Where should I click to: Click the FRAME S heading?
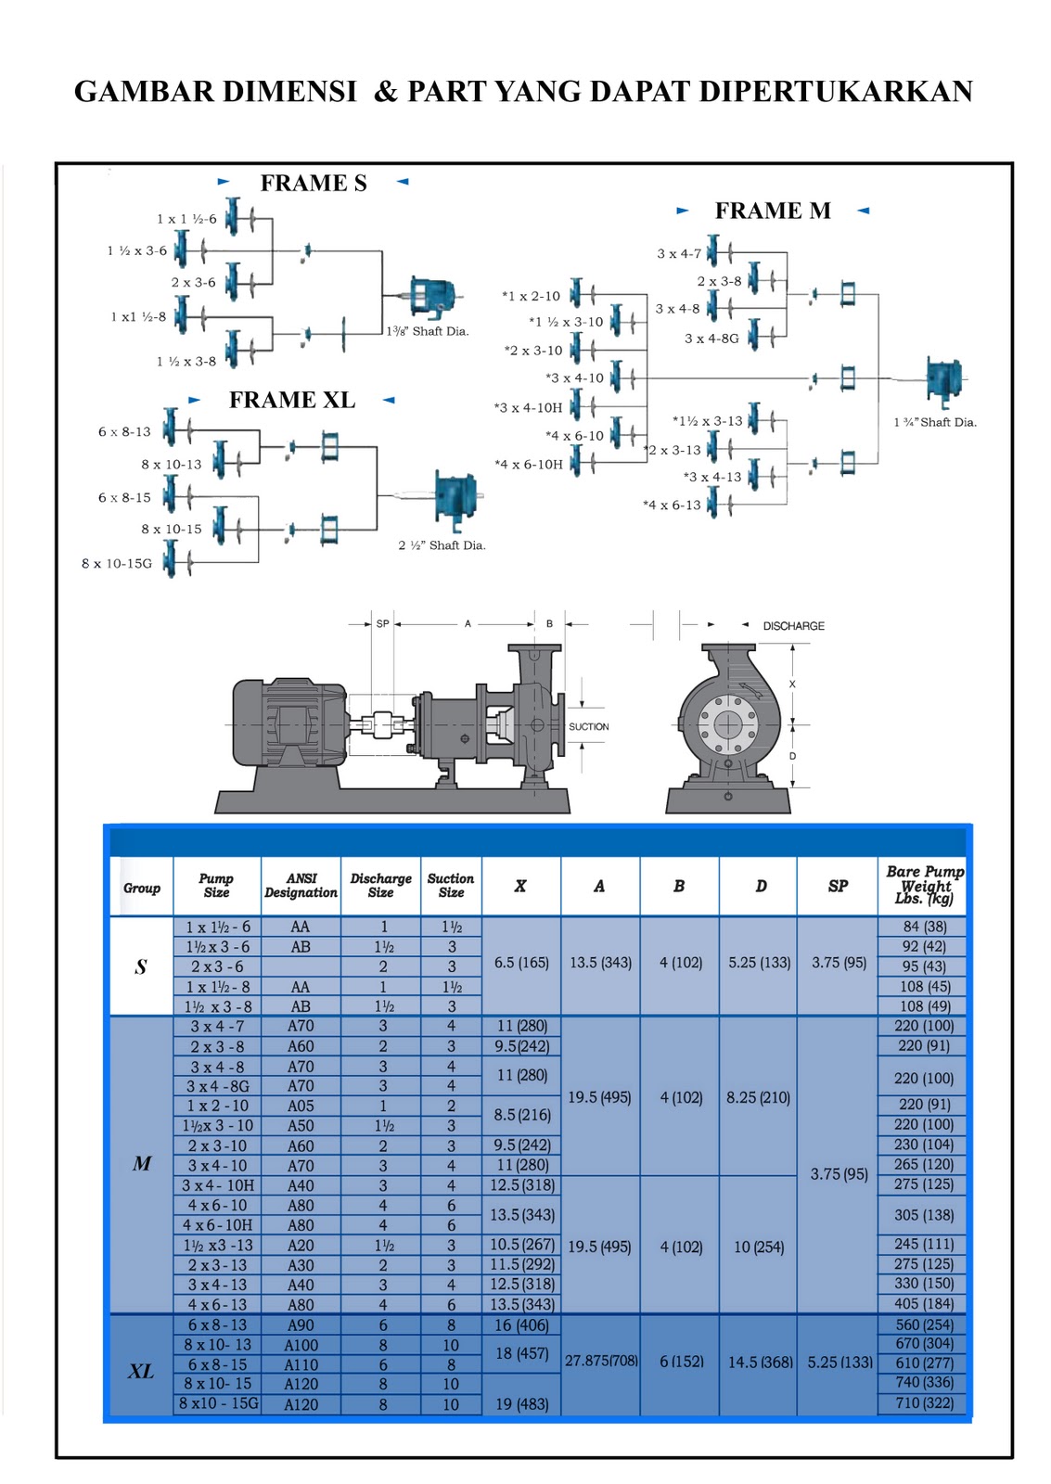coord(313,184)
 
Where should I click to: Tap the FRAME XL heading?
coord(291,401)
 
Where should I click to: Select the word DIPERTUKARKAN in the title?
coord(836,92)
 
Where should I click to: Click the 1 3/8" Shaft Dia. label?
coord(428,331)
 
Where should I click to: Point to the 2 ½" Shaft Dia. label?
coord(442,545)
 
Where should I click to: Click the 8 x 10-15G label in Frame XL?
coord(117,563)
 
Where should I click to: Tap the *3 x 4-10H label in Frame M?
coord(528,407)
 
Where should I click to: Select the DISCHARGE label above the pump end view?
coord(793,626)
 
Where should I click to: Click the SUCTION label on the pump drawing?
coord(588,726)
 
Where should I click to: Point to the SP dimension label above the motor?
coord(382,624)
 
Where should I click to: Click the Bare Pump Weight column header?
coord(924,885)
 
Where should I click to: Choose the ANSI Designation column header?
coord(301,885)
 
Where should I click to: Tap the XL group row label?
coord(141,1371)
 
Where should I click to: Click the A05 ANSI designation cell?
coord(301,1106)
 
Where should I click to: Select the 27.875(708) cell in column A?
coord(601,1361)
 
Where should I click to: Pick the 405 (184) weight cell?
coord(924,1303)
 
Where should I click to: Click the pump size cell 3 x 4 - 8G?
coord(218,1086)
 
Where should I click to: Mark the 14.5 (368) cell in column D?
coord(760,1362)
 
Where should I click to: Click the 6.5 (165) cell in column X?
coord(520,963)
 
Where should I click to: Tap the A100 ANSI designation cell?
coord(301,1345)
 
